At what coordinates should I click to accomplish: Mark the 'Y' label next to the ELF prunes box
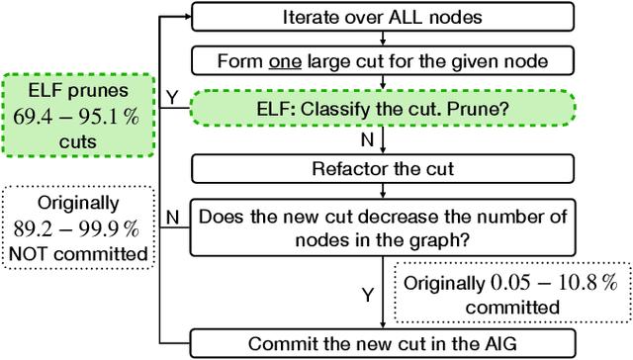172,98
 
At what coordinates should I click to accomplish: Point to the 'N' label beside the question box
172,217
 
